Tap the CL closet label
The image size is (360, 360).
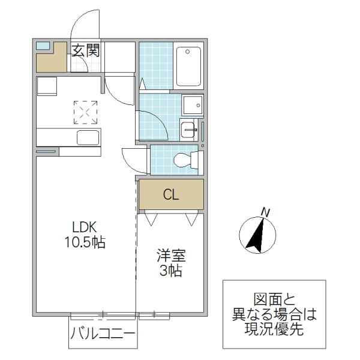pyautogui.click(x=171, y=195)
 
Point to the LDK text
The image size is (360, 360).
pyautogui.click(x=85, y=228)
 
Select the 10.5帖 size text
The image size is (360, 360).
pyautogui.click(x=85, y=242)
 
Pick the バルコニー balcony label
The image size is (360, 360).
pyautogui.click(x=103, y=334)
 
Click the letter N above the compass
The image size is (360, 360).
pyautogui.click(x=264, y=211)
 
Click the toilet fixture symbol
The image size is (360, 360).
pyautogui.click(x=184, y=160)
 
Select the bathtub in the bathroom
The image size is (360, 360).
pyautogui.click(x=190, y=66)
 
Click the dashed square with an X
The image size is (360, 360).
pyautogui.click(x=85, y=112)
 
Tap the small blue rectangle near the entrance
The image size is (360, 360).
pyautogui.click(x=43, y=46)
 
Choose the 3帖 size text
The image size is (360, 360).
pyautogui.click(x=171, y=271)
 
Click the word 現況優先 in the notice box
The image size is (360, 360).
pyautogui.click(x=274, y=329)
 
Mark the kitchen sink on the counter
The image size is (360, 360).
pyautogui.click(x=88, y=137)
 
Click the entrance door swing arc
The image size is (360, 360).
pyautogui.click(x=84, y=24)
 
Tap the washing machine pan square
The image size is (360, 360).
pyautogui.click(x=193, y=106)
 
